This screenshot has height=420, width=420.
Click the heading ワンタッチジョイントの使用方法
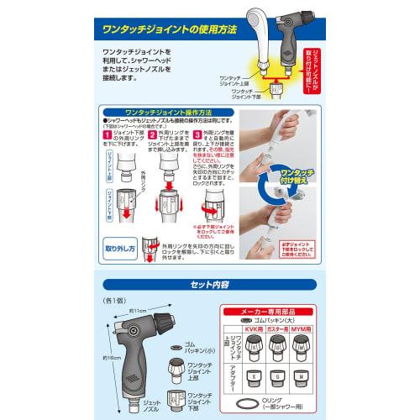point(164,30)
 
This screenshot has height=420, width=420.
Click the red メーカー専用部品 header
point(274,311)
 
